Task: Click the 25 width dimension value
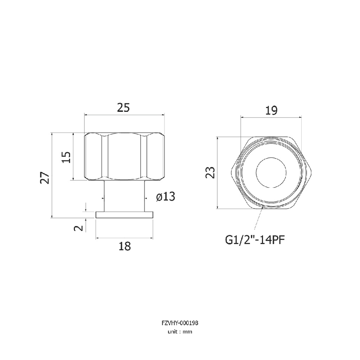(x=123, y=108)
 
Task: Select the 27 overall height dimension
(x=45, y=178)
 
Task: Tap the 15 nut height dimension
(x=66, y=157)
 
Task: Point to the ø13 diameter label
(x=166, y=197)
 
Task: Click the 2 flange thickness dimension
(x=78, y=228)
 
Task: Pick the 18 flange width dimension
(x=125, y=246)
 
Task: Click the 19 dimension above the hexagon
(x=271, y=110)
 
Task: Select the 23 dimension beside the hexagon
(x=210, y=172)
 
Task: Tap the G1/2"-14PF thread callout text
(x=255, y=240)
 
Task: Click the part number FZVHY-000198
(x=180, y=323)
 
